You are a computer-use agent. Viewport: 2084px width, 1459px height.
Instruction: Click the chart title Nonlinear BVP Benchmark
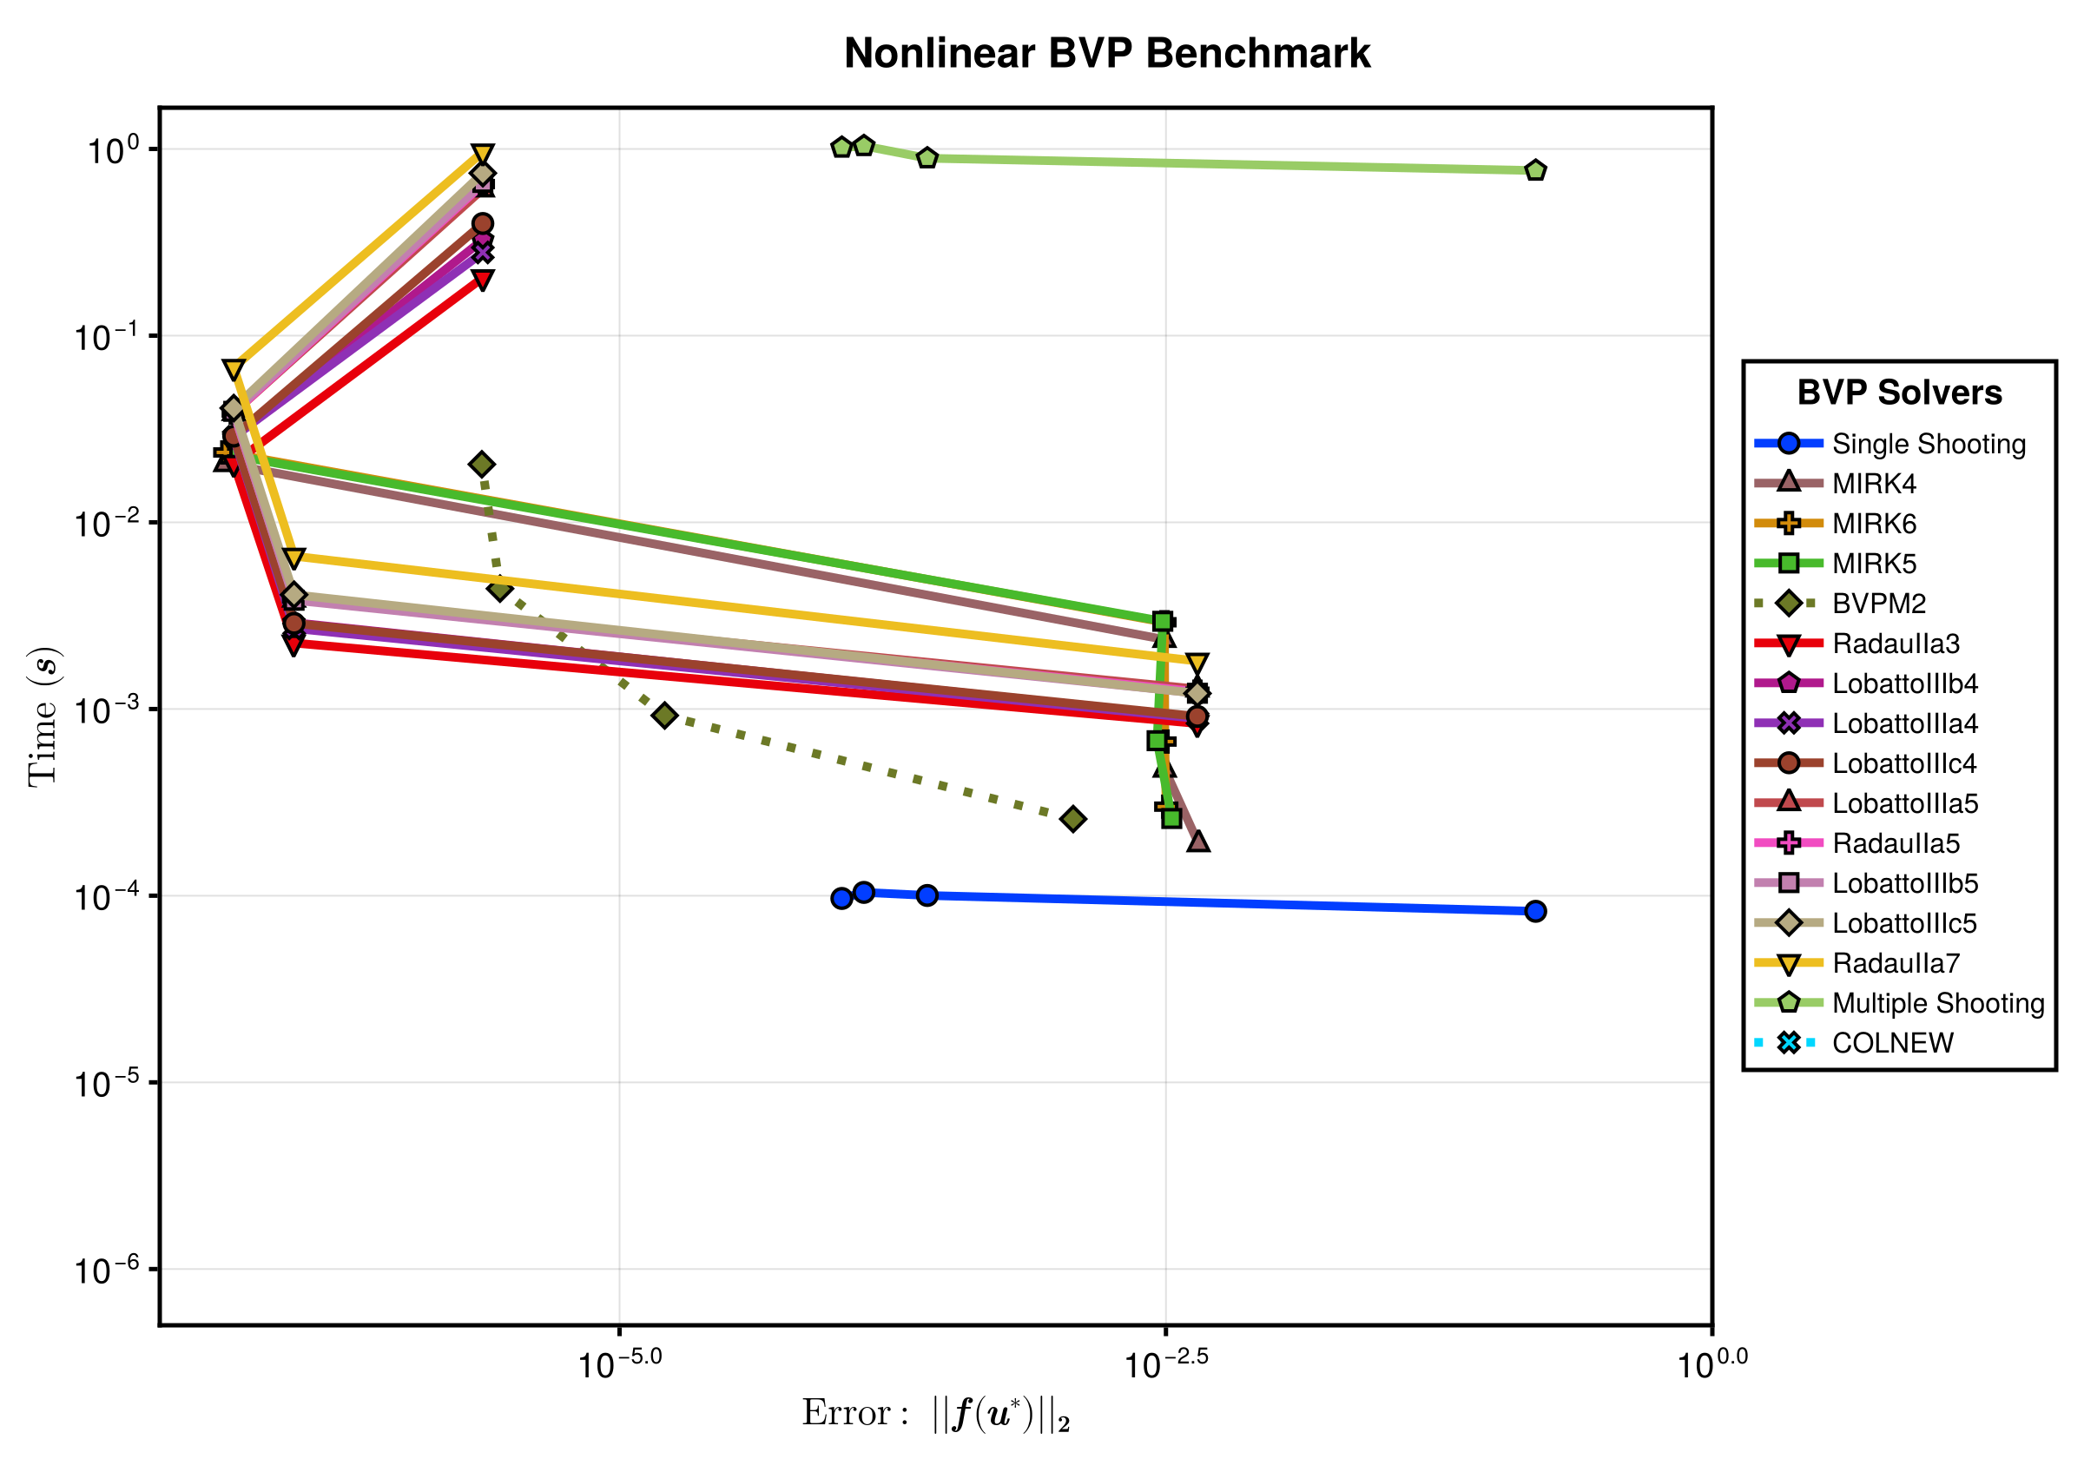tap(1106, 53)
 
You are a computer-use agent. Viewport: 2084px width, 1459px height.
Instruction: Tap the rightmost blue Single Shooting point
tap(1535, 911)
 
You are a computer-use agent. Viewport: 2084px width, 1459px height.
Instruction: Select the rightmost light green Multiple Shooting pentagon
tap(1535, 169)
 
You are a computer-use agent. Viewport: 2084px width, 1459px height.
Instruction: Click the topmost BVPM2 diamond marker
tap(482, 464)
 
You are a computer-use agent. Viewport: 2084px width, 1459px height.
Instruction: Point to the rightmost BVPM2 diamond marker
tap(1073, 819)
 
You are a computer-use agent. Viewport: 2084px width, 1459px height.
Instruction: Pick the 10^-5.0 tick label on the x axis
tap(620, 1363)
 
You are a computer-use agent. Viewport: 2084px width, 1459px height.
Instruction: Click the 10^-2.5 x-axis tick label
tap(1166, 1363)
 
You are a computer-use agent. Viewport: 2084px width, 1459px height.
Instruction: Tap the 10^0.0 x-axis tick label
tap(1711, 1363)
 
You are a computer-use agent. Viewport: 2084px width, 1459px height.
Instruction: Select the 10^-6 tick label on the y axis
tap(107, 1268)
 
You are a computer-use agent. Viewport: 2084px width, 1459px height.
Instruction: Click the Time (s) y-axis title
tap(43, 716)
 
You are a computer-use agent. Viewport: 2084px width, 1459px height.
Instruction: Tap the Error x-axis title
tap(936, 1415)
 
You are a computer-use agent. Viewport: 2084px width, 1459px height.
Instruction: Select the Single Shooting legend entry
tap(1889, 443)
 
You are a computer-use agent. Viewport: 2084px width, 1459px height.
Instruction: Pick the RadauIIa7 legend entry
tap(1856, 962)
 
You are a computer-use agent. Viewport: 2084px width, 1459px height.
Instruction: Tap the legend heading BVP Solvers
tap(1900, 393)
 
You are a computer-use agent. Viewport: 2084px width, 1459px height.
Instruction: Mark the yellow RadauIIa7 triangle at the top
tap(482, 155)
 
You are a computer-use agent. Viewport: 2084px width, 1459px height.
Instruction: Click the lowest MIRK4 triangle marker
tap(1198, 842)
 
